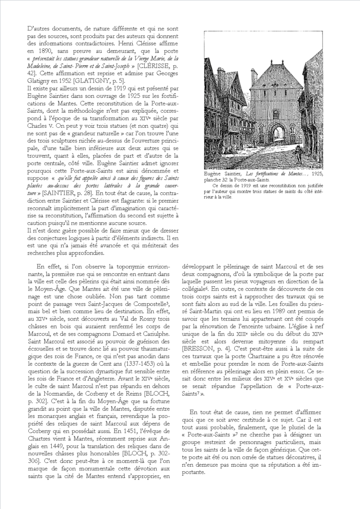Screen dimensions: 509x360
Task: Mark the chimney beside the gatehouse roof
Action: [x=254, y=76]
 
